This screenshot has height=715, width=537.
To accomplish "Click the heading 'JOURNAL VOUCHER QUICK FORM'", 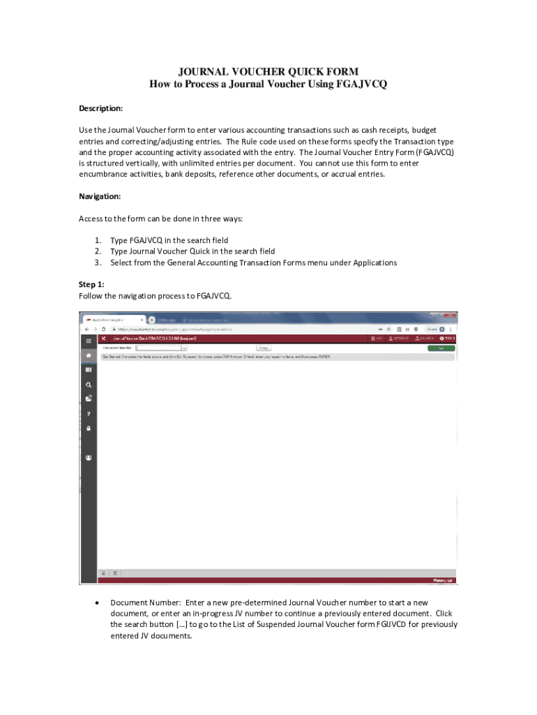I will pyautogui.click(x=268, y=71).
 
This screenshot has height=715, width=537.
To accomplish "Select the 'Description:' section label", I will pyautogui.click(x=100, y=109).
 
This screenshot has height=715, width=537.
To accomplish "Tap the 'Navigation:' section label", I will pyautogui.click(x=100, y=196).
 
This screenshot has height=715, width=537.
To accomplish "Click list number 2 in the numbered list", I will pyautogui.click(x=98, y=251).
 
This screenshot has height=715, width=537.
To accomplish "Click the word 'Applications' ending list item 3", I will pyautogui.click(x=375, y=263).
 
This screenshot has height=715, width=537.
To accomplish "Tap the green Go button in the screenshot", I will pyautogui.click(x=441, y=347).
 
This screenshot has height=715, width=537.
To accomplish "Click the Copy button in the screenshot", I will pyautogui.click(x=264, y=347).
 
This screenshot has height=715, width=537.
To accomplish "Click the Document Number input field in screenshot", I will pyautogui.click(x=159, y=347).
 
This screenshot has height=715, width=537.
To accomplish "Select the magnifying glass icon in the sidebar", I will pyautogui.click(x=89, y=385).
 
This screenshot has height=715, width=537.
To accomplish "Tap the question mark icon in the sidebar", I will pyautogui.click(x=89, y=413).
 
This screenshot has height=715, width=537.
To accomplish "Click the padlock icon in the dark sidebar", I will pyautogui.click(x=89, y=428).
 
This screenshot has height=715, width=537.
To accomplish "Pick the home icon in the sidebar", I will pyautogui.click(x=89, y=355).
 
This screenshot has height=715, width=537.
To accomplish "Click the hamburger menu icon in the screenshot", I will pyautogui.click(x=89, y=340).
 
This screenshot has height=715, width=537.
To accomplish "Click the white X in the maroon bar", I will pyautogui.click(x=104, y=338).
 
